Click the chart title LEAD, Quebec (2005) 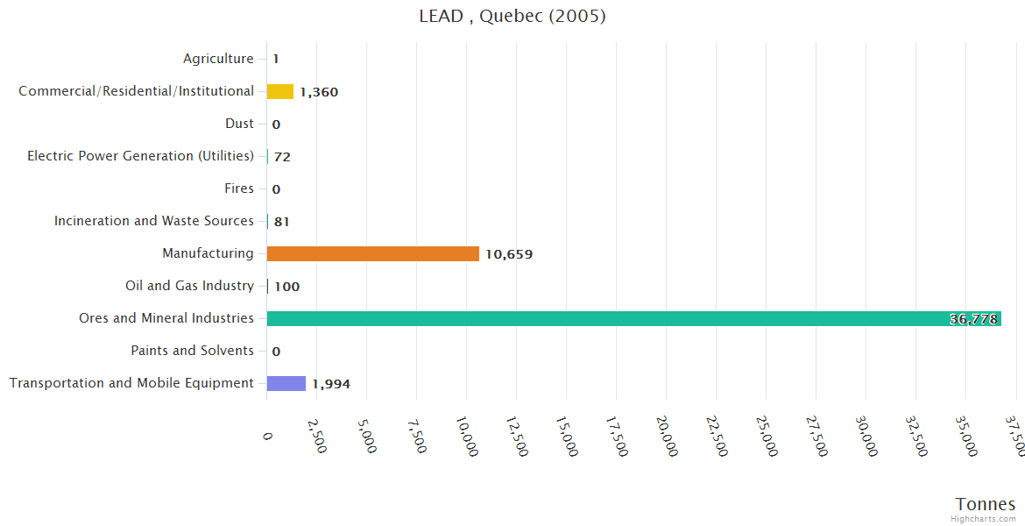click(x=512, y=16)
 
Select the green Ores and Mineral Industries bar click(x=633, y=318)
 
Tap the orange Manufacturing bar click(x=372, y=253)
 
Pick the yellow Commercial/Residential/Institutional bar click(x=280, y=91)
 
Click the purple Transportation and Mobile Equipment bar click(x=286, y=383)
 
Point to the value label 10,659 click(x=509, y=254)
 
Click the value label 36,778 click(x=973, y=319)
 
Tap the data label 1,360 click(x=319, y=92)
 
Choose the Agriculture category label click(x=218, y=59)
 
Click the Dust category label click(x=239, y=124)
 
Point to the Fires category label click(x=239, y=188)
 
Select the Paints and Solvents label click(x=192, y=351)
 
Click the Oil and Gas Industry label click(x=189, y=286)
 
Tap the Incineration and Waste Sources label click(x=154, y=221)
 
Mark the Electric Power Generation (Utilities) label click(x=140, y=156)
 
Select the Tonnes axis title click(x=986, y=504)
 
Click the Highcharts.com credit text click(x=984, y=519)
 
